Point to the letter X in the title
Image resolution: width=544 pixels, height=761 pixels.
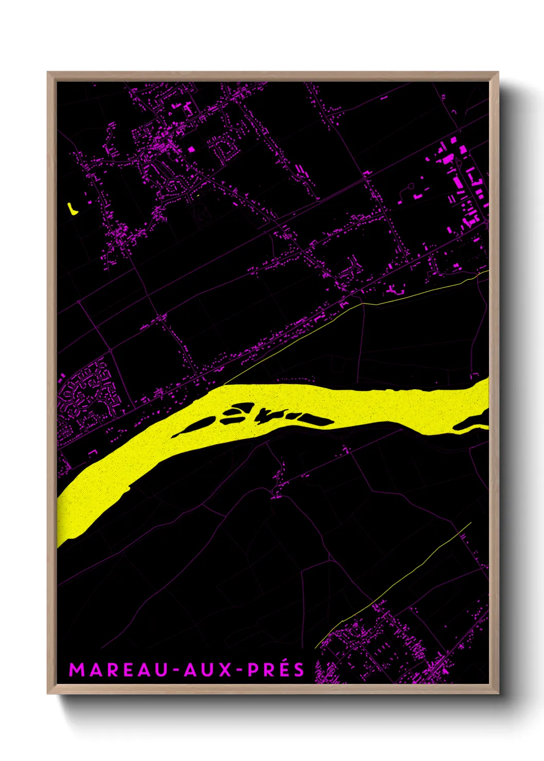click(x=225, y=670)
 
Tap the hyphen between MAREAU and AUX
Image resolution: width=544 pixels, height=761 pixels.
click(x=176, y=671)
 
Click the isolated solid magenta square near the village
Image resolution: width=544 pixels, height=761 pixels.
click(x=191, y=149)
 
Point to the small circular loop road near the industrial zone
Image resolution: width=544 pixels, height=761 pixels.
click(x=410, y=186)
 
